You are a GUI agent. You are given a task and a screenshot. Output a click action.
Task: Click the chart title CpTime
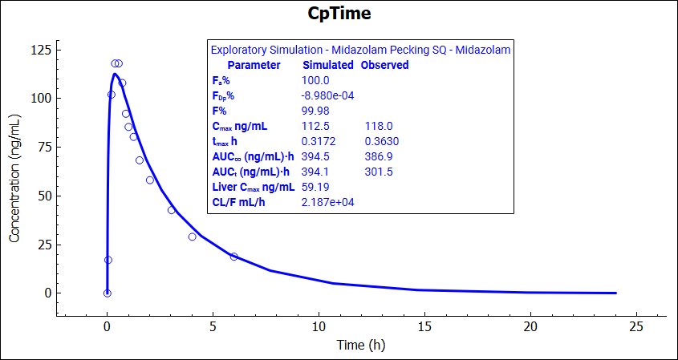click(x=339, y=14)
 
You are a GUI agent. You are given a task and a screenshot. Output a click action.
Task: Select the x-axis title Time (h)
click(x=360, y=346)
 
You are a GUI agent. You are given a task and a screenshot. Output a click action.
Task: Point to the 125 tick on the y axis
click(x=39, y=50)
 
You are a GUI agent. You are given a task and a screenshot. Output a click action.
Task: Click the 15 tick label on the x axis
click(x=424, y=326)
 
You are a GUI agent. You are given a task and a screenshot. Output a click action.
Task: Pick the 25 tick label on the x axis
click(x=636, y=326)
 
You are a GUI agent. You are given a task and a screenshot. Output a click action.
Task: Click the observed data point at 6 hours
click(x=234, y=257)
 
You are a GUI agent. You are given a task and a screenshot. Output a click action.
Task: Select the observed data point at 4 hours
click(x=193, y=237)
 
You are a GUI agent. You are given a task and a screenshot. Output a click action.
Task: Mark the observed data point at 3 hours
click(x=171, y=210)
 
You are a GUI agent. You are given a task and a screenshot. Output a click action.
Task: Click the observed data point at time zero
click(x=108, y=293)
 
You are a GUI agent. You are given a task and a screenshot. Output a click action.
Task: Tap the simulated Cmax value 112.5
click(x=316, y=126)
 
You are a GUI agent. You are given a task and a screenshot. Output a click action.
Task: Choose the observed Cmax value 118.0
click(x=379, y=126)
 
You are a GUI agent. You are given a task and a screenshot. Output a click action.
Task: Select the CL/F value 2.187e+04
click(x=327, y=202)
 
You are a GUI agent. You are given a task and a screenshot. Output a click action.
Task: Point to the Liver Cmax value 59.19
click(x=315, y=187)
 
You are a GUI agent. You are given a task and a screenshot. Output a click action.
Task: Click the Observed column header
click(x=384, y=65)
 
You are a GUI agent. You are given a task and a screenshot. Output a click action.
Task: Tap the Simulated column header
click(x=327, y=65)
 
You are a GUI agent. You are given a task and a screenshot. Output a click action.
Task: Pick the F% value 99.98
click(x=315, y=111)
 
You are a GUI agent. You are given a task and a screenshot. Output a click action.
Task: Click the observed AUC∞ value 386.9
click(x=379, y=156)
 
